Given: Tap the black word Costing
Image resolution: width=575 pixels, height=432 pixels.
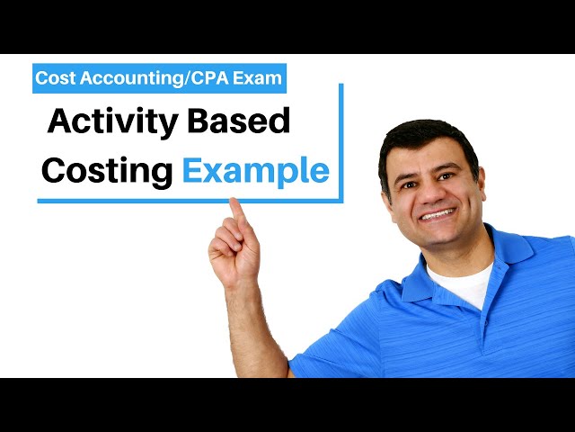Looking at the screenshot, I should [x=107, y=170].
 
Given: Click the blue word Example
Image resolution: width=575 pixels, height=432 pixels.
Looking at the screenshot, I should [x=256, y=170].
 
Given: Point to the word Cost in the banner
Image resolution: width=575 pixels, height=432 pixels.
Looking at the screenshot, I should [x=55, y=78].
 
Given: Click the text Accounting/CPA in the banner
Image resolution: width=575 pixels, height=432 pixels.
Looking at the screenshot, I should [x=152, y=78].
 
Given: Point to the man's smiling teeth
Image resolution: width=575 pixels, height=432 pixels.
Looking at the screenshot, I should [x=438, y=214].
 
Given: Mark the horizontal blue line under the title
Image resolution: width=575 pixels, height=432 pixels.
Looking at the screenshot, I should [x=180, y=200].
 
